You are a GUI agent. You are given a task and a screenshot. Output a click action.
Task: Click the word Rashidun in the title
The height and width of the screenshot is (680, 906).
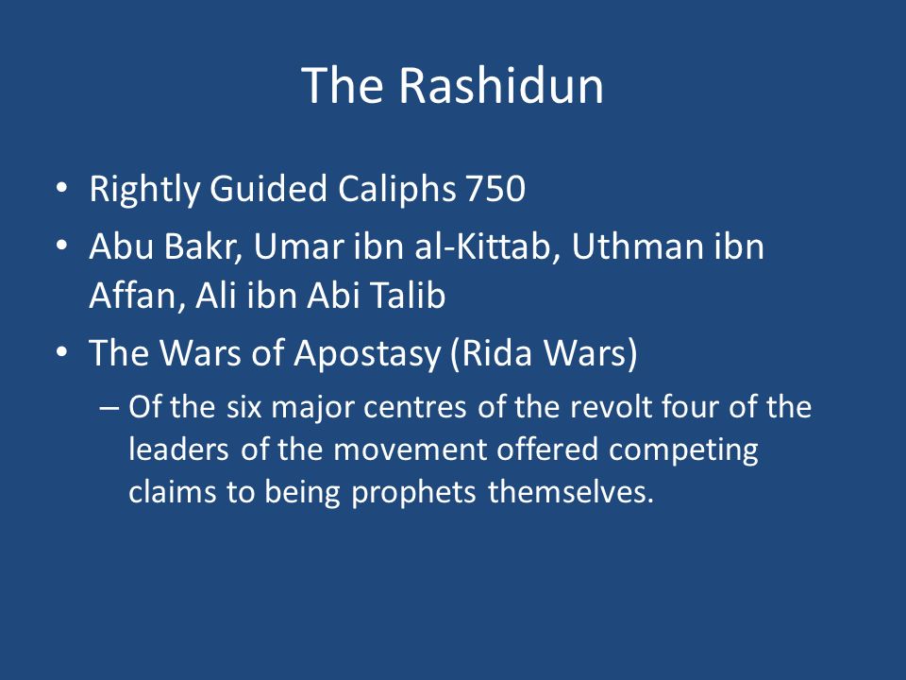[x=501, y=85]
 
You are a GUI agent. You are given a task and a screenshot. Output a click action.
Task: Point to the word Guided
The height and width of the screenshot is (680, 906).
[x=268, y=189]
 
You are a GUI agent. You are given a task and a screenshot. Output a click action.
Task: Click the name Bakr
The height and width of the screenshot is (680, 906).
[x=202, y=246]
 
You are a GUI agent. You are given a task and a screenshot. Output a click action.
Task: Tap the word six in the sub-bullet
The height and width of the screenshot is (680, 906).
[x=243, y=407]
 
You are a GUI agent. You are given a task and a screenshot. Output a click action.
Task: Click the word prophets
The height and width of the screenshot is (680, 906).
[x=413, y=494]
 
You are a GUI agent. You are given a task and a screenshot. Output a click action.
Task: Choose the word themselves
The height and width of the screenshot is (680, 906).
[x=571, y=493]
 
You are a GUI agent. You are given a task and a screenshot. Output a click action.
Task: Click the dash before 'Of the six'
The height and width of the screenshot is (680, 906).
[x=109, y=408]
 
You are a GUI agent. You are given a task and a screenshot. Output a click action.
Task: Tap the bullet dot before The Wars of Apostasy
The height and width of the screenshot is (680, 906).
[x=62, y=351]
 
